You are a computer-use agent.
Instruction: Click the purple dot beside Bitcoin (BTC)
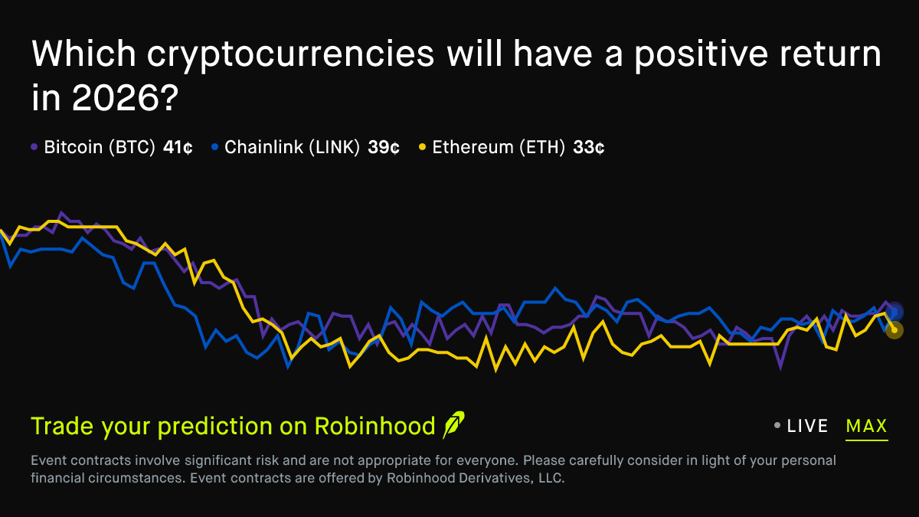pyautogui.click(x=34, y=146)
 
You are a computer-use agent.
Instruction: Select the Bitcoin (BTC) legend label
pyautogui.click(x=100, y=147)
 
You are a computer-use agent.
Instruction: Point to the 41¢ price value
pyautogui.click(x=178, y=147)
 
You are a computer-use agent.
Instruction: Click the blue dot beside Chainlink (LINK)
pyautogui.click(x=214, y=146)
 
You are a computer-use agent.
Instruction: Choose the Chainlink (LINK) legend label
pyautogui.click(x=292, y=147)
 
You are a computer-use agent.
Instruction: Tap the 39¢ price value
pyautogui.click(x=383, y=147)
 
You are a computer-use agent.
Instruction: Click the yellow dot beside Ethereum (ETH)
pyautogui.click(x=422, y=146)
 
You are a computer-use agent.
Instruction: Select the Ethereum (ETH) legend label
pyautogui.click(x=499, y=147)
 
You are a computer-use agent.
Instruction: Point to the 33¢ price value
pyautogui.click(x=588, y=147)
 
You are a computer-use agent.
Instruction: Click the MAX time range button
pyautogui.click(x=866, y=426)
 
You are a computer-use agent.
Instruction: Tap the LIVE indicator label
pyautogui.click(x=807, y=426)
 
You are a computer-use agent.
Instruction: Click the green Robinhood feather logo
pyautogui.click(x=453, y=424)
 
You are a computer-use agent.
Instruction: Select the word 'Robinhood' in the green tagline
pyautogui.click(x=375, y=427)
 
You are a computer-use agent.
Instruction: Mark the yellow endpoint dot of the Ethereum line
pyautogui.click(x=894, y=330)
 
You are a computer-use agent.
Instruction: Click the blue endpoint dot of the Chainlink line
pyautogui.click(x=894, y=312)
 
